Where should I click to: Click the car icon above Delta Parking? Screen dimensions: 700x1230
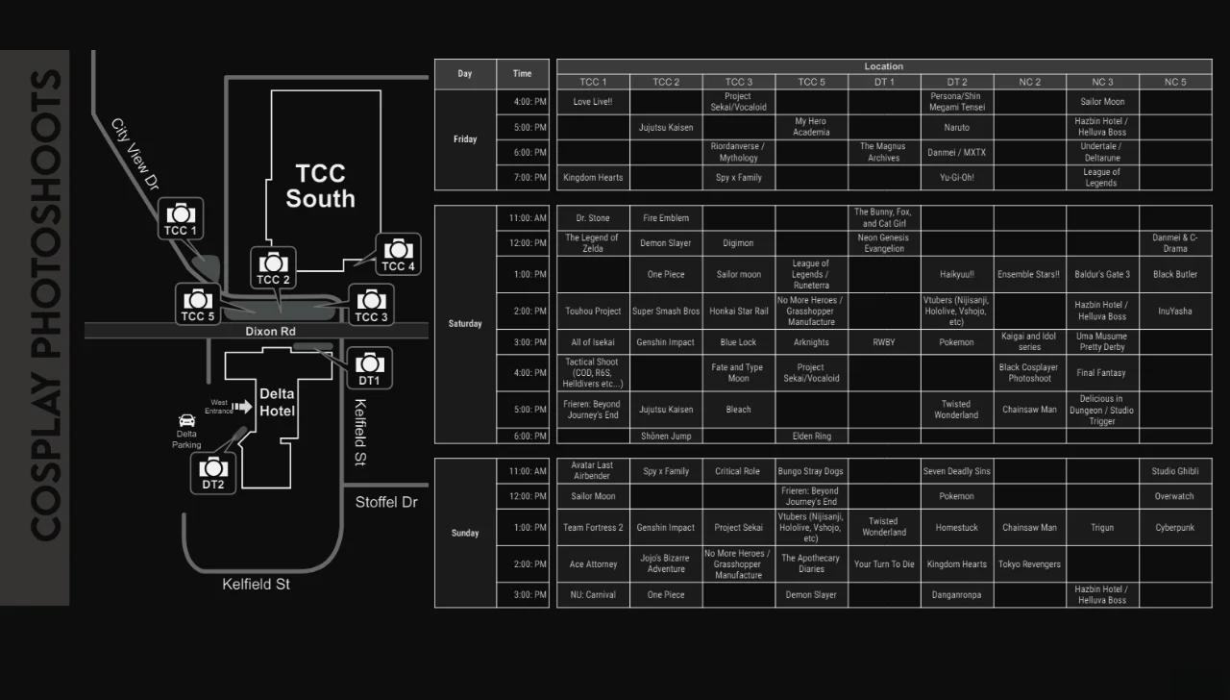[x=186, y=421]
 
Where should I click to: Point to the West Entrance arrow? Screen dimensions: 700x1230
[x=242, y=407]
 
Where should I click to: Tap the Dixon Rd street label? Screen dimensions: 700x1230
[x=270, y=332]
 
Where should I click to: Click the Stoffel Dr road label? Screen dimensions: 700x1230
[x=386, y=502]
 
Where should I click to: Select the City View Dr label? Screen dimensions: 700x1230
[x=135, y=153]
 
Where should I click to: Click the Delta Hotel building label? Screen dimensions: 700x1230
[x=277, y=402]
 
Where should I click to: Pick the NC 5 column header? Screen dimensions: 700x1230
[x=1174, y=82]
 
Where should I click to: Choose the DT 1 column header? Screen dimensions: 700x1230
[x=884, y=82]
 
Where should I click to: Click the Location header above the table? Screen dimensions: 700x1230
[x=883, y=66]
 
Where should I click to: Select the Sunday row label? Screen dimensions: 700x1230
[x=465, y=533]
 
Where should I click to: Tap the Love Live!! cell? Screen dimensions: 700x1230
[x=593, y=102]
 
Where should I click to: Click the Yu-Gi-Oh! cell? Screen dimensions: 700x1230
[x=956, y=178]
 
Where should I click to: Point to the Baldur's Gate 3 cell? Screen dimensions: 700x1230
[x=1102, y=275]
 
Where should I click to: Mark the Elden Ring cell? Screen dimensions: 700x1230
[x=811, y=437]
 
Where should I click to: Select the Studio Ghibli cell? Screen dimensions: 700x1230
[x=1174, y=471]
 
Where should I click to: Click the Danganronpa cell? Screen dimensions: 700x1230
[x=956, y=595]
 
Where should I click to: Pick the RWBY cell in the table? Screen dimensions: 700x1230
[x=884, y=342]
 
